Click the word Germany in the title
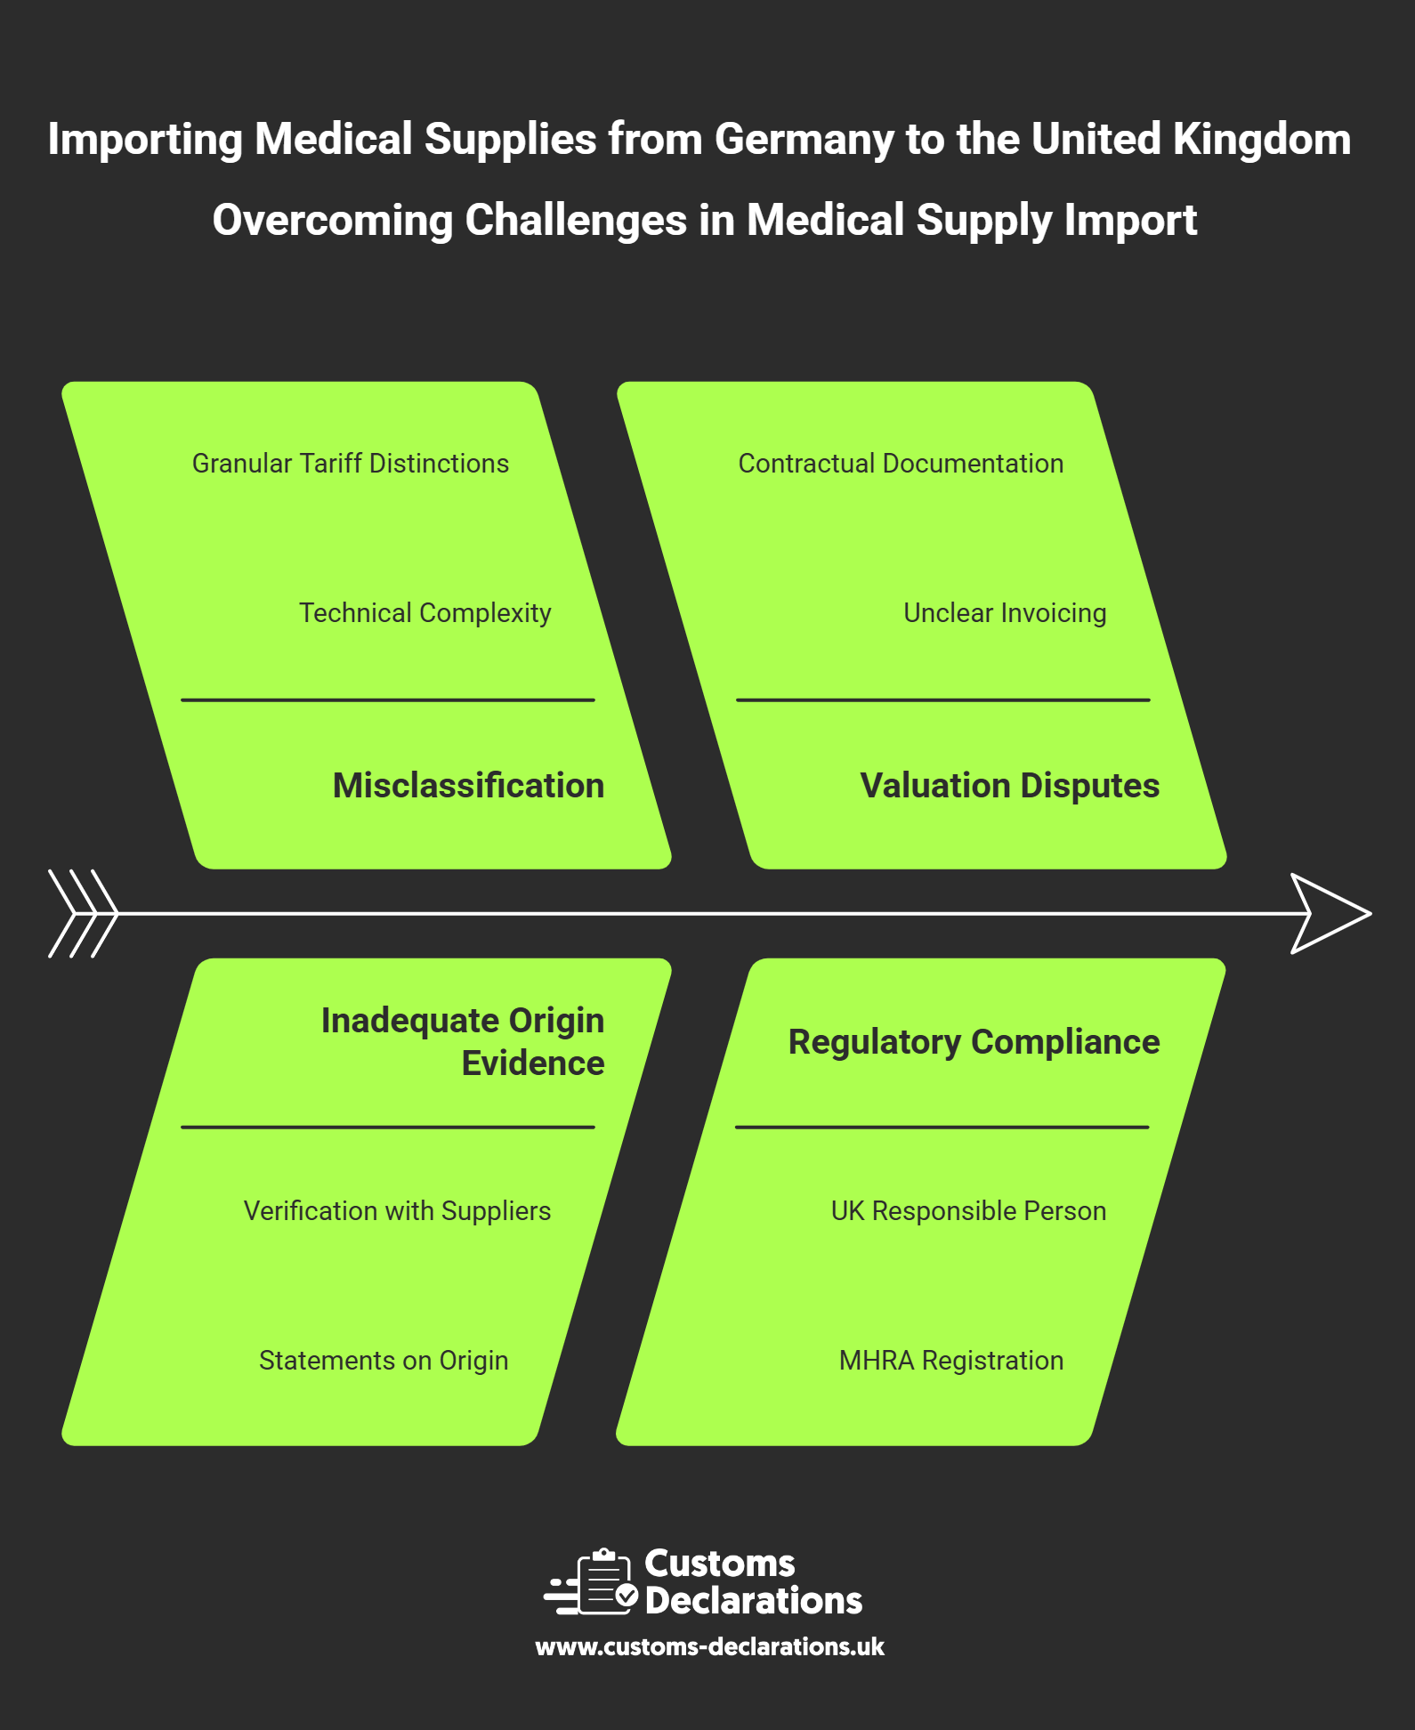pos(805,140)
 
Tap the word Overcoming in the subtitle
pos(333,221)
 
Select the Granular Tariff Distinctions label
pos(351,464)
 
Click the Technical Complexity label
pos(424,613)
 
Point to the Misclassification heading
pos(468,786)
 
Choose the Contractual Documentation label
pos(901,464)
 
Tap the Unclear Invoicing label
pos(1005,613)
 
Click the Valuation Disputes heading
pos(1009,786)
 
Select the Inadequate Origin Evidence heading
pos(463,1042)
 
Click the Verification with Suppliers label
pos(397,1211)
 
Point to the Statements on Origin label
pos(384,1361)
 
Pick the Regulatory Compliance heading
pos(974,1042)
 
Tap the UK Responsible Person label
pos(968,1211)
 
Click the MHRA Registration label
pos(951,1361)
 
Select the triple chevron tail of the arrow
pos(83,914)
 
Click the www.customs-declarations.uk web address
pos(709,1647)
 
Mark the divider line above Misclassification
pos(387,700)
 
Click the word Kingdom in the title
pos(1261,140)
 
